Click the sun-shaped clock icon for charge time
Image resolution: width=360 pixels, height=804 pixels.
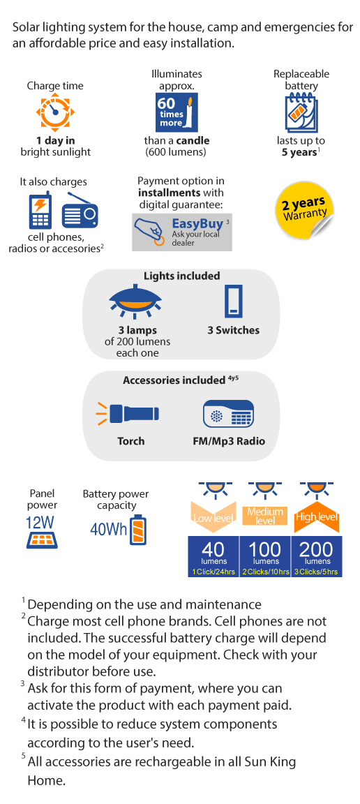coord(55,111)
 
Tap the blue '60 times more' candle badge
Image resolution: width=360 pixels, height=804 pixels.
coord(177,113)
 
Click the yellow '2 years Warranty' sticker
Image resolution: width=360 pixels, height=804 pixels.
coord(304,209)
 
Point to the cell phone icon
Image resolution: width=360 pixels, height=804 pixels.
coord(40,209)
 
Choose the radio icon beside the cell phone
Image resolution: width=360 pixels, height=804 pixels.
coord(80,211)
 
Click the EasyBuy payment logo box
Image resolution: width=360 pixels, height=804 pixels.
coord(182,232)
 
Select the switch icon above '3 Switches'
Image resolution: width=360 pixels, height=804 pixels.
coord(233,301)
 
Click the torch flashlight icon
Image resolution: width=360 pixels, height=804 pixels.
coord(128,413)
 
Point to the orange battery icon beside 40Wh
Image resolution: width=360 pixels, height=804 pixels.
coord(138,530)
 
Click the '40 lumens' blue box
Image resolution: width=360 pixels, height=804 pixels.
coord(213,556)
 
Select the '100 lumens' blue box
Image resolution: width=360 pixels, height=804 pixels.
coord(265,556)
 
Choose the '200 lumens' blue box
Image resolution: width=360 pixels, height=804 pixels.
coord(317,556)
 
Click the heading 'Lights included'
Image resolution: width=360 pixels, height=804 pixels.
coord(181,276)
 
